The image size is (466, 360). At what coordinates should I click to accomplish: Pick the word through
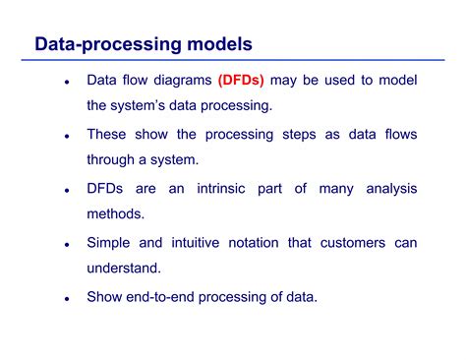(x=114, y=158)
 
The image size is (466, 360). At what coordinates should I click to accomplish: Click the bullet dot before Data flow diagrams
(x=66, y=83)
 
